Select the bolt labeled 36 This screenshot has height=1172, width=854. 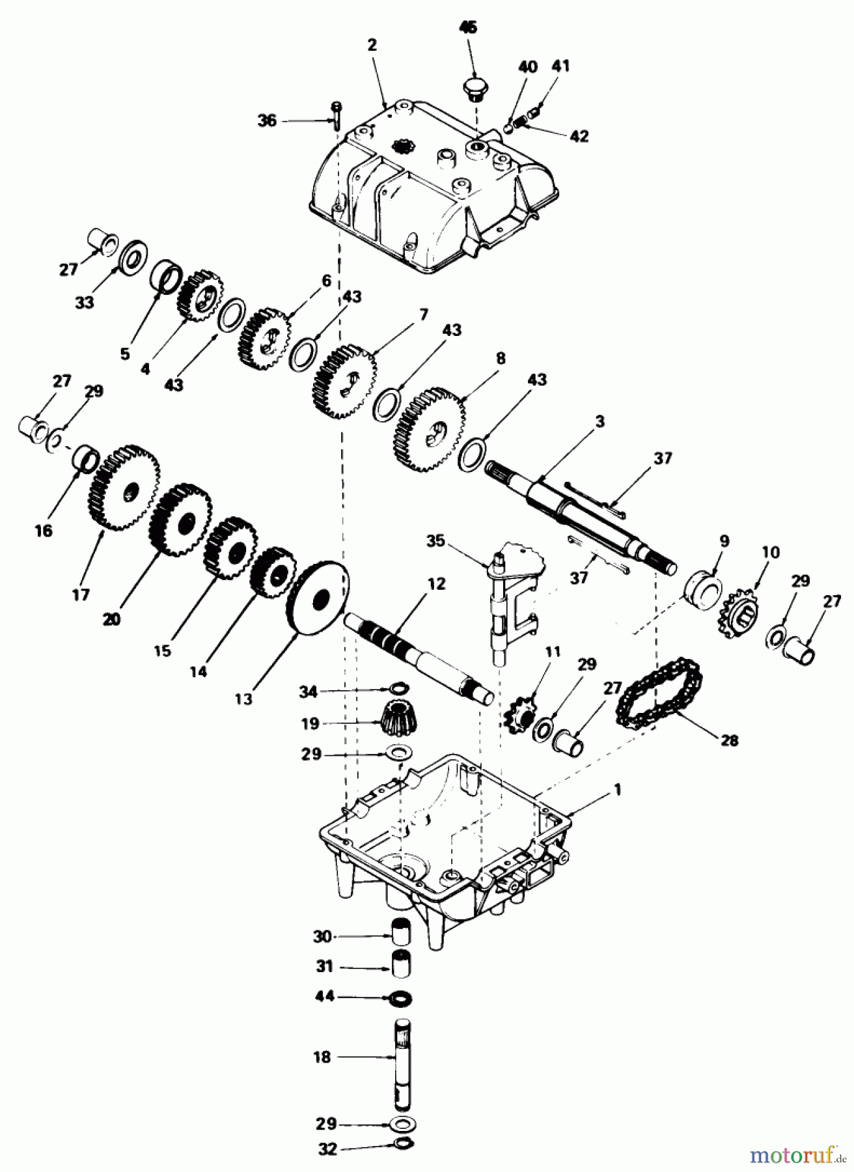pos(336,115)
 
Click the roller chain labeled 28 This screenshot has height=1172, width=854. pos(659,698)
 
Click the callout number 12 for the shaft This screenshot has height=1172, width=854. pos(437,584)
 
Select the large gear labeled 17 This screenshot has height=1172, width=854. pos(122,488)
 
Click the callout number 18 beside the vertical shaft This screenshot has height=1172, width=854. pos(322,1057)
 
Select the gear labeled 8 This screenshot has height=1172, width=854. pos(430,428)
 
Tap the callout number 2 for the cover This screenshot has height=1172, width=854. pos(372,45)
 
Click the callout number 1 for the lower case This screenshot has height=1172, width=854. pos(617,790)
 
